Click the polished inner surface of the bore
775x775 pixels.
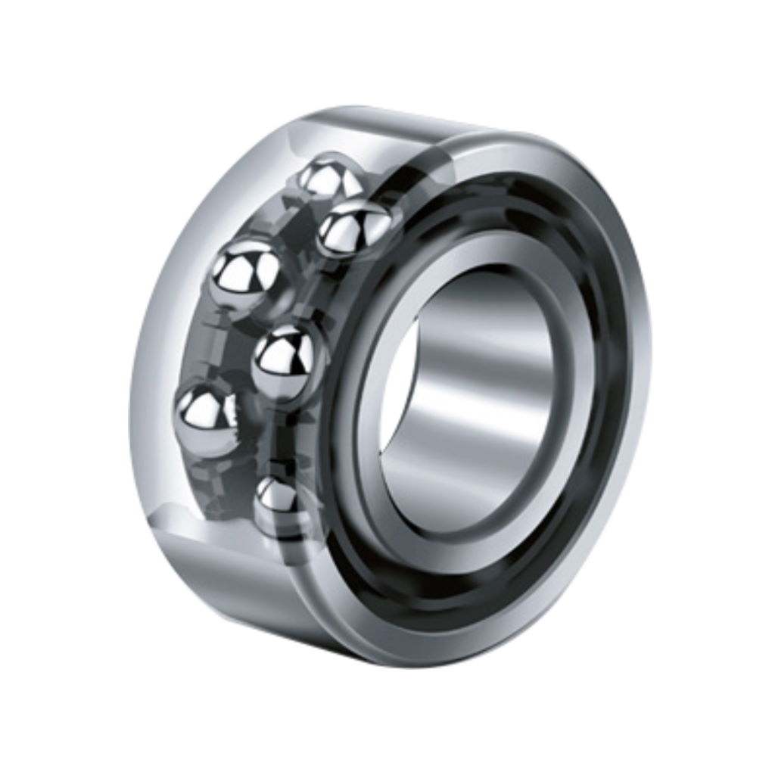pyautogui.click(x=484, y=394)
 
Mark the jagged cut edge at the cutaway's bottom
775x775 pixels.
pyautogui.click(x=227, y=522)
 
